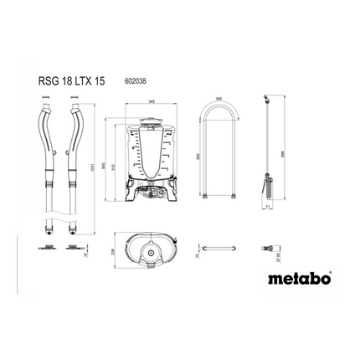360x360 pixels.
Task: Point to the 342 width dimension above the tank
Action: pos(151,102)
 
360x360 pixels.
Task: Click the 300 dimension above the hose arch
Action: pos(219,100)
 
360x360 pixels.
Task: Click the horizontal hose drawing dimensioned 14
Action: pos(219,249)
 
